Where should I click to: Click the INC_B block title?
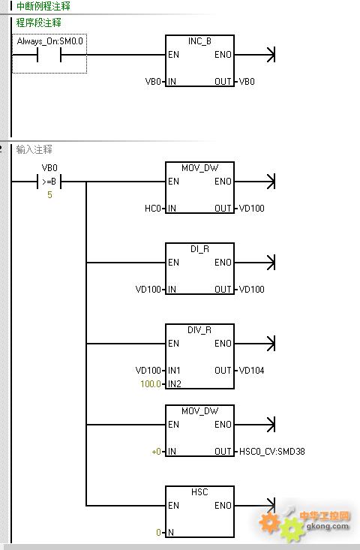pos(199,41)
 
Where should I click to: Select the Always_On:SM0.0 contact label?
pos(49,41)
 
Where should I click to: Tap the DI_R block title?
pos(199,249)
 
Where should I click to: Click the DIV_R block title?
pos(199,330)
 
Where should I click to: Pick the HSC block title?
pos(199,492)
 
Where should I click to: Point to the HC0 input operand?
pos(152,209)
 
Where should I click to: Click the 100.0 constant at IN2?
pos(151,383)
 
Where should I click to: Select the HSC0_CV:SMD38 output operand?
pos(272,452)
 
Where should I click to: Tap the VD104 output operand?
pos(252,371)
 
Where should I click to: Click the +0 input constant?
pos(156,452)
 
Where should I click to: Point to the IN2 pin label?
pos(175,383)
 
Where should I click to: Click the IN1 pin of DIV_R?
pos(174,371)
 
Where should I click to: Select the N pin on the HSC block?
pos(171,533)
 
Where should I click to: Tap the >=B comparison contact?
pos(49,182)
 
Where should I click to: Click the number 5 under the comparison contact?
pos(49,194)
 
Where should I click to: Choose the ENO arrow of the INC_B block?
pos(255,55)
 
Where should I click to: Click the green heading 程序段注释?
pos(39,23)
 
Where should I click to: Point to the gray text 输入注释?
pos(34,150)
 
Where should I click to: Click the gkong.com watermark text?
pos(328,526)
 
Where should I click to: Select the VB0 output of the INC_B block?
pos(247,82)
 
